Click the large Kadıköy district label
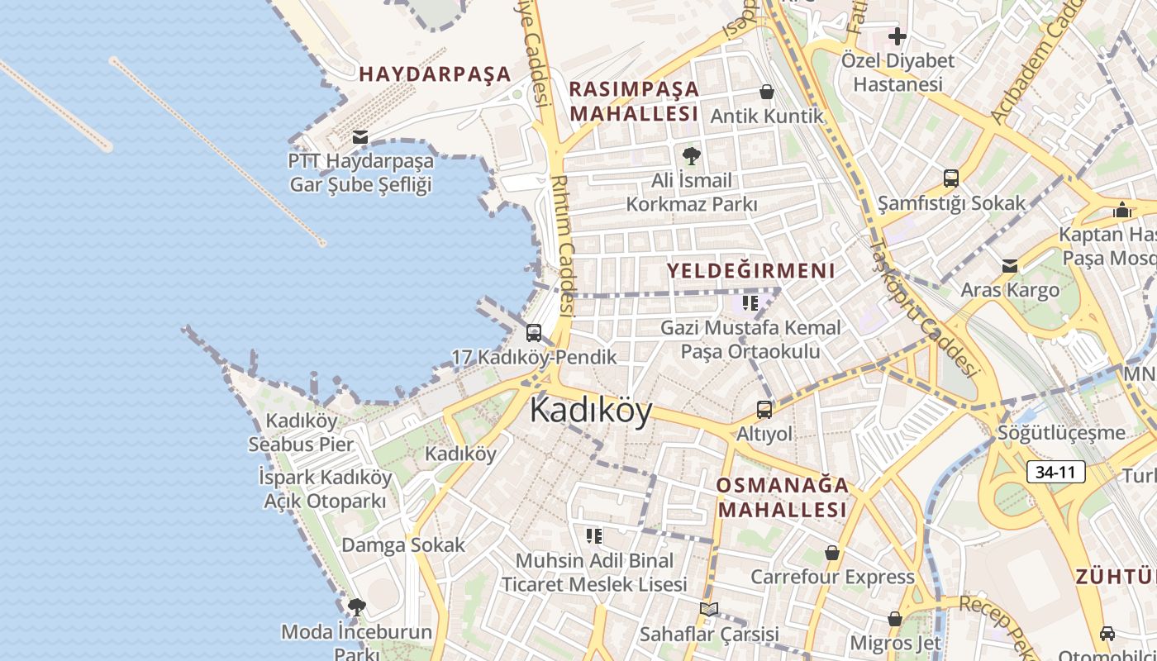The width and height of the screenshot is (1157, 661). (591, 410)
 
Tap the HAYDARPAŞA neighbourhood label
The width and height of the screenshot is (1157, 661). (435, 74)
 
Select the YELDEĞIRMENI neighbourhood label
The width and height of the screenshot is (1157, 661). (750, 270)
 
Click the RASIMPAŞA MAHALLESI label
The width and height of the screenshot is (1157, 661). (635, 101)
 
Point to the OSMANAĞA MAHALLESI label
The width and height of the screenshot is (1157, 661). (783, 497)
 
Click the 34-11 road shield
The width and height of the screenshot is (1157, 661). (1055, 472)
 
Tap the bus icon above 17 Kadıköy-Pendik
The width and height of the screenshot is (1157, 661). (534, 333)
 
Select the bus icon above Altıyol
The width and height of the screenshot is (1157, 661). (764, 409)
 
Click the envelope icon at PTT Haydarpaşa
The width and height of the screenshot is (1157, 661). (360, 136)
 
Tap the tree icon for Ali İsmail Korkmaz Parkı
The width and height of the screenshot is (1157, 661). (690, 155)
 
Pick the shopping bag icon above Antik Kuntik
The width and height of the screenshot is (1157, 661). (767, 92)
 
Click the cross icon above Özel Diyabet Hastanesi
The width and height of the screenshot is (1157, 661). (898, 36)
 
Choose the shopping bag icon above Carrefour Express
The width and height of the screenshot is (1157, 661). (832, 553)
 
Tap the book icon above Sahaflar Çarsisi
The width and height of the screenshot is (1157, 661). (708, 610)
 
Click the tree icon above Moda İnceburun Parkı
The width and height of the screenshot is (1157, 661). (356, 608)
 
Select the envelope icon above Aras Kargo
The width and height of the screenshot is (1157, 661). (1010, 266)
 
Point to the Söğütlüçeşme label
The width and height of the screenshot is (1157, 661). (1061, 433)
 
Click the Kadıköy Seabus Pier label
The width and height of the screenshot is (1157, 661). (301, 432)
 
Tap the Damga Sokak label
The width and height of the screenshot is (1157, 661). (403, 545)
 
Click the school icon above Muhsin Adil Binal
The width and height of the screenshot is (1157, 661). (593, 536)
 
